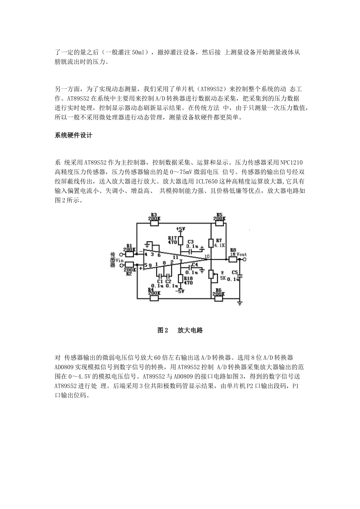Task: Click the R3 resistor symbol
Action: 155,223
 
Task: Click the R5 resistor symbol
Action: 219,223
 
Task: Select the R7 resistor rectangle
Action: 211,242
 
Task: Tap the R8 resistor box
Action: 232,259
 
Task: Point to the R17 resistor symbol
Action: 180,241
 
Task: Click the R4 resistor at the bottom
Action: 154,298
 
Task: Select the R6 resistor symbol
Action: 218,298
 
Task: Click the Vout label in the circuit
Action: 241,254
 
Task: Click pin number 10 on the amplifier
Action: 207,256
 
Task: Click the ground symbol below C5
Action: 239,303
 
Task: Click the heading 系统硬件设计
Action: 74,135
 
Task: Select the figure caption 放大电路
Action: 190,330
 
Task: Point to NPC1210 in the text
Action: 291,162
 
